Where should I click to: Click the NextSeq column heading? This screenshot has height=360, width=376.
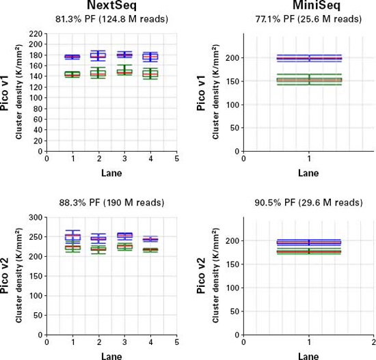tap(111, 6)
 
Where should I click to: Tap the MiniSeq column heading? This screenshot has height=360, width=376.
tap(309, 6)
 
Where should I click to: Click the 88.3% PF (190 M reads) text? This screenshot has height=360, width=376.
tap(111, 203)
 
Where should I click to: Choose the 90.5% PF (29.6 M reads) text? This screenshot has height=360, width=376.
tap(309, 203)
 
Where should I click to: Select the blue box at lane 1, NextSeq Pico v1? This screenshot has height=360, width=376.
tap(72, 57)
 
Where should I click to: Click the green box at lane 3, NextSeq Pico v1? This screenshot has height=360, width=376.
tap(124, 71)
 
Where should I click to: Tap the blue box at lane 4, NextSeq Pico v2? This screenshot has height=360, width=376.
tap(150, 239)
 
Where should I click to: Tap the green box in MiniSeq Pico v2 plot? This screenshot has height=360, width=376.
tap(309, 252)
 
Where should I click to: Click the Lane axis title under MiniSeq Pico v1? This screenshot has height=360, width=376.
tap(309, 173)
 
